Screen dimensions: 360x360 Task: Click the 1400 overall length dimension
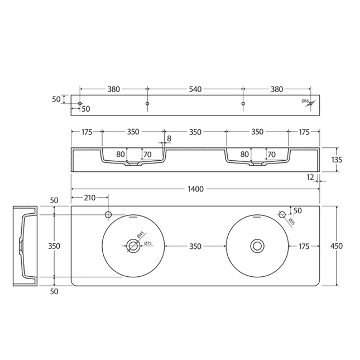(195, 190)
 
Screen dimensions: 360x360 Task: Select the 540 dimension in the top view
(195, 89)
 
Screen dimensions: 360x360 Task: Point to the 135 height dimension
(337, 160)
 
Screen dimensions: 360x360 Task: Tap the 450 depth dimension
(337, 246)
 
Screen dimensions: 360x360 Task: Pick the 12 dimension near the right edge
(310, 177)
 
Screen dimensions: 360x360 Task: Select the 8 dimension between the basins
(169, 138)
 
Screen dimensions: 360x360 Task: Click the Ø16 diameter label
(305, 101)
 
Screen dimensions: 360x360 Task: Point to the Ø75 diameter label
(148, 243)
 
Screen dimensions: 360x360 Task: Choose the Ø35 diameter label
(292, 221)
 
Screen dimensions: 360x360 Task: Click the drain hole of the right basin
(257, 246)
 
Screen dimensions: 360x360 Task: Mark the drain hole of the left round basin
(133, 246)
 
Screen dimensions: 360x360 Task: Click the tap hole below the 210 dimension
(108, 214)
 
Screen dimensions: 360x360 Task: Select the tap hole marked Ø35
(282, 214)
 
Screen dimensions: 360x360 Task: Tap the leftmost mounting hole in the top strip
(80, 104)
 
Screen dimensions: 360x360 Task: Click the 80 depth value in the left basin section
(120, 154)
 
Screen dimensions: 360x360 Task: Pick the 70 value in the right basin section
(271, 154)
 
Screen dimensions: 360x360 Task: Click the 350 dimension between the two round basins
(195, 246)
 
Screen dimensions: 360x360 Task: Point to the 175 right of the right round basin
(304, 246)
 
